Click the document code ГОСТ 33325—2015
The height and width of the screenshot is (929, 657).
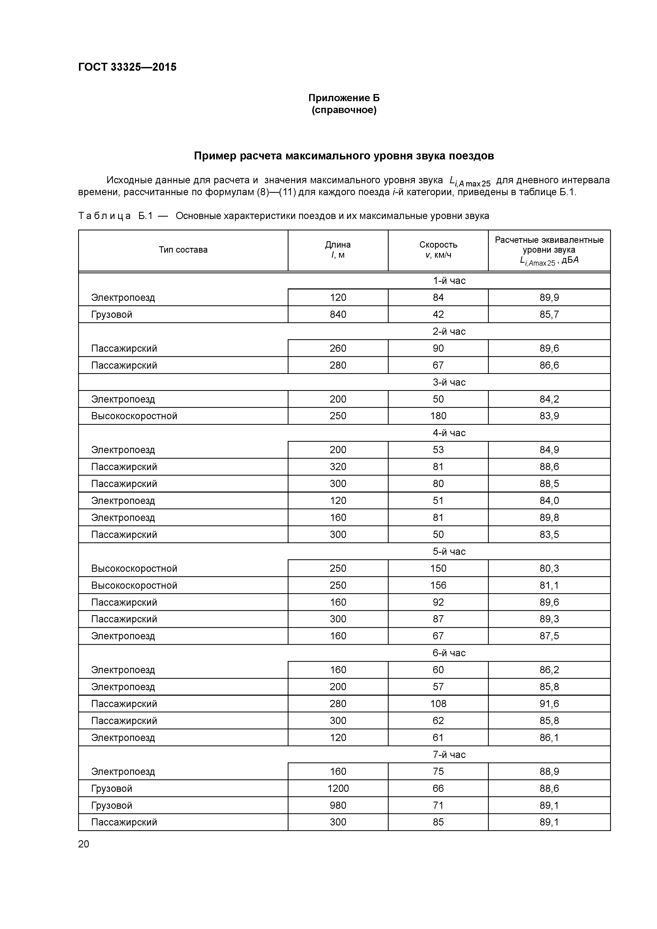pyautogui.click(x=127, y=67)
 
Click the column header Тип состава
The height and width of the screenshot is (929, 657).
pyautogui.click(x=183, y=250)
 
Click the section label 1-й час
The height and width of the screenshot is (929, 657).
pyautogui.click(x=449, y=280)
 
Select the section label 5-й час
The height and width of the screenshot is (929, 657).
pyautogui.click(x=449, y=551)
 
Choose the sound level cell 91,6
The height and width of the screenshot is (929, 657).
pyautogui.click(x=549, y=704)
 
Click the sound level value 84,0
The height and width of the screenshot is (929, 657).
pyautogui.click(x=549, y=501)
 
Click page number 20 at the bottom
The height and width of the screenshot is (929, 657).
pyautogui.click(x=83, y=844)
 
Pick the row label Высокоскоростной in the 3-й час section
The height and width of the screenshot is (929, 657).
pyautogui.click(x=134, y=416)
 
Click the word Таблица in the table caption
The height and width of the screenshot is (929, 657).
pyautogui.click(x=104, y=216)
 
